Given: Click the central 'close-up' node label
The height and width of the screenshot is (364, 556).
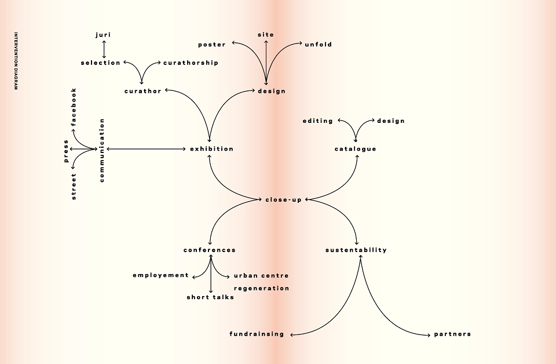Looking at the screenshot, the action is tap(284, 200).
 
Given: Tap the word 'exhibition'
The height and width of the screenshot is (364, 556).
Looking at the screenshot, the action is tap(212, 148).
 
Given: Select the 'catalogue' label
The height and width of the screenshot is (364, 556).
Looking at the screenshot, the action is tap(355, 149).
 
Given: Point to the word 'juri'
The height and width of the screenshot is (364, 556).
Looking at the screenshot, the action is tap(103, 35).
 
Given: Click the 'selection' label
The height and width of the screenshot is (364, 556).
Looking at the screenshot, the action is tap(101, 63).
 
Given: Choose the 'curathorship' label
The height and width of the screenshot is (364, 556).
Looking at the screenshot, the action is tap(191, 63).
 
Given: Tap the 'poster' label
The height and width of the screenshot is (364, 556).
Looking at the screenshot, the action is tap(212, 45).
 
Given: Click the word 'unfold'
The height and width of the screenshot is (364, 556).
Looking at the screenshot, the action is tap(319, 45).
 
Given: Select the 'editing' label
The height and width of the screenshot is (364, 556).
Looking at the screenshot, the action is tap(318, 121).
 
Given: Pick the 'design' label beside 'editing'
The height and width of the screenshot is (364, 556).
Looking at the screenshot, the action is tap(391, 121).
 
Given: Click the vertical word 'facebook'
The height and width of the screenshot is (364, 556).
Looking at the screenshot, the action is tap(74, 107).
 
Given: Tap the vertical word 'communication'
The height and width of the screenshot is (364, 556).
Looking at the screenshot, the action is tap(102, 151).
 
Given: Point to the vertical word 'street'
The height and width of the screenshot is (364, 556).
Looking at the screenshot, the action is tap(74, 187).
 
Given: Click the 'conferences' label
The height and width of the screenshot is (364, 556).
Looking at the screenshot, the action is tap(210, 250).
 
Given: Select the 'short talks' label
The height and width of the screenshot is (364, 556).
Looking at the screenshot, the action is tap(210, 297).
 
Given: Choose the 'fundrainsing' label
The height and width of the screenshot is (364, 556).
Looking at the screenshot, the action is tap(257, 334).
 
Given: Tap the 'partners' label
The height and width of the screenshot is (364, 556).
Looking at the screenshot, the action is tap(452, 334).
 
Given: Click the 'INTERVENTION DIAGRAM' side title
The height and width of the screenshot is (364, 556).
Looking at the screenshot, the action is tap(16, 61).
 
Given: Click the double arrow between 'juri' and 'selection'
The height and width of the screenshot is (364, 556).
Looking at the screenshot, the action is tap(104, 49).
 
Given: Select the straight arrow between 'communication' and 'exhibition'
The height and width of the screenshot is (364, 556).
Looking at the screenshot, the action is tap(146, 149).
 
